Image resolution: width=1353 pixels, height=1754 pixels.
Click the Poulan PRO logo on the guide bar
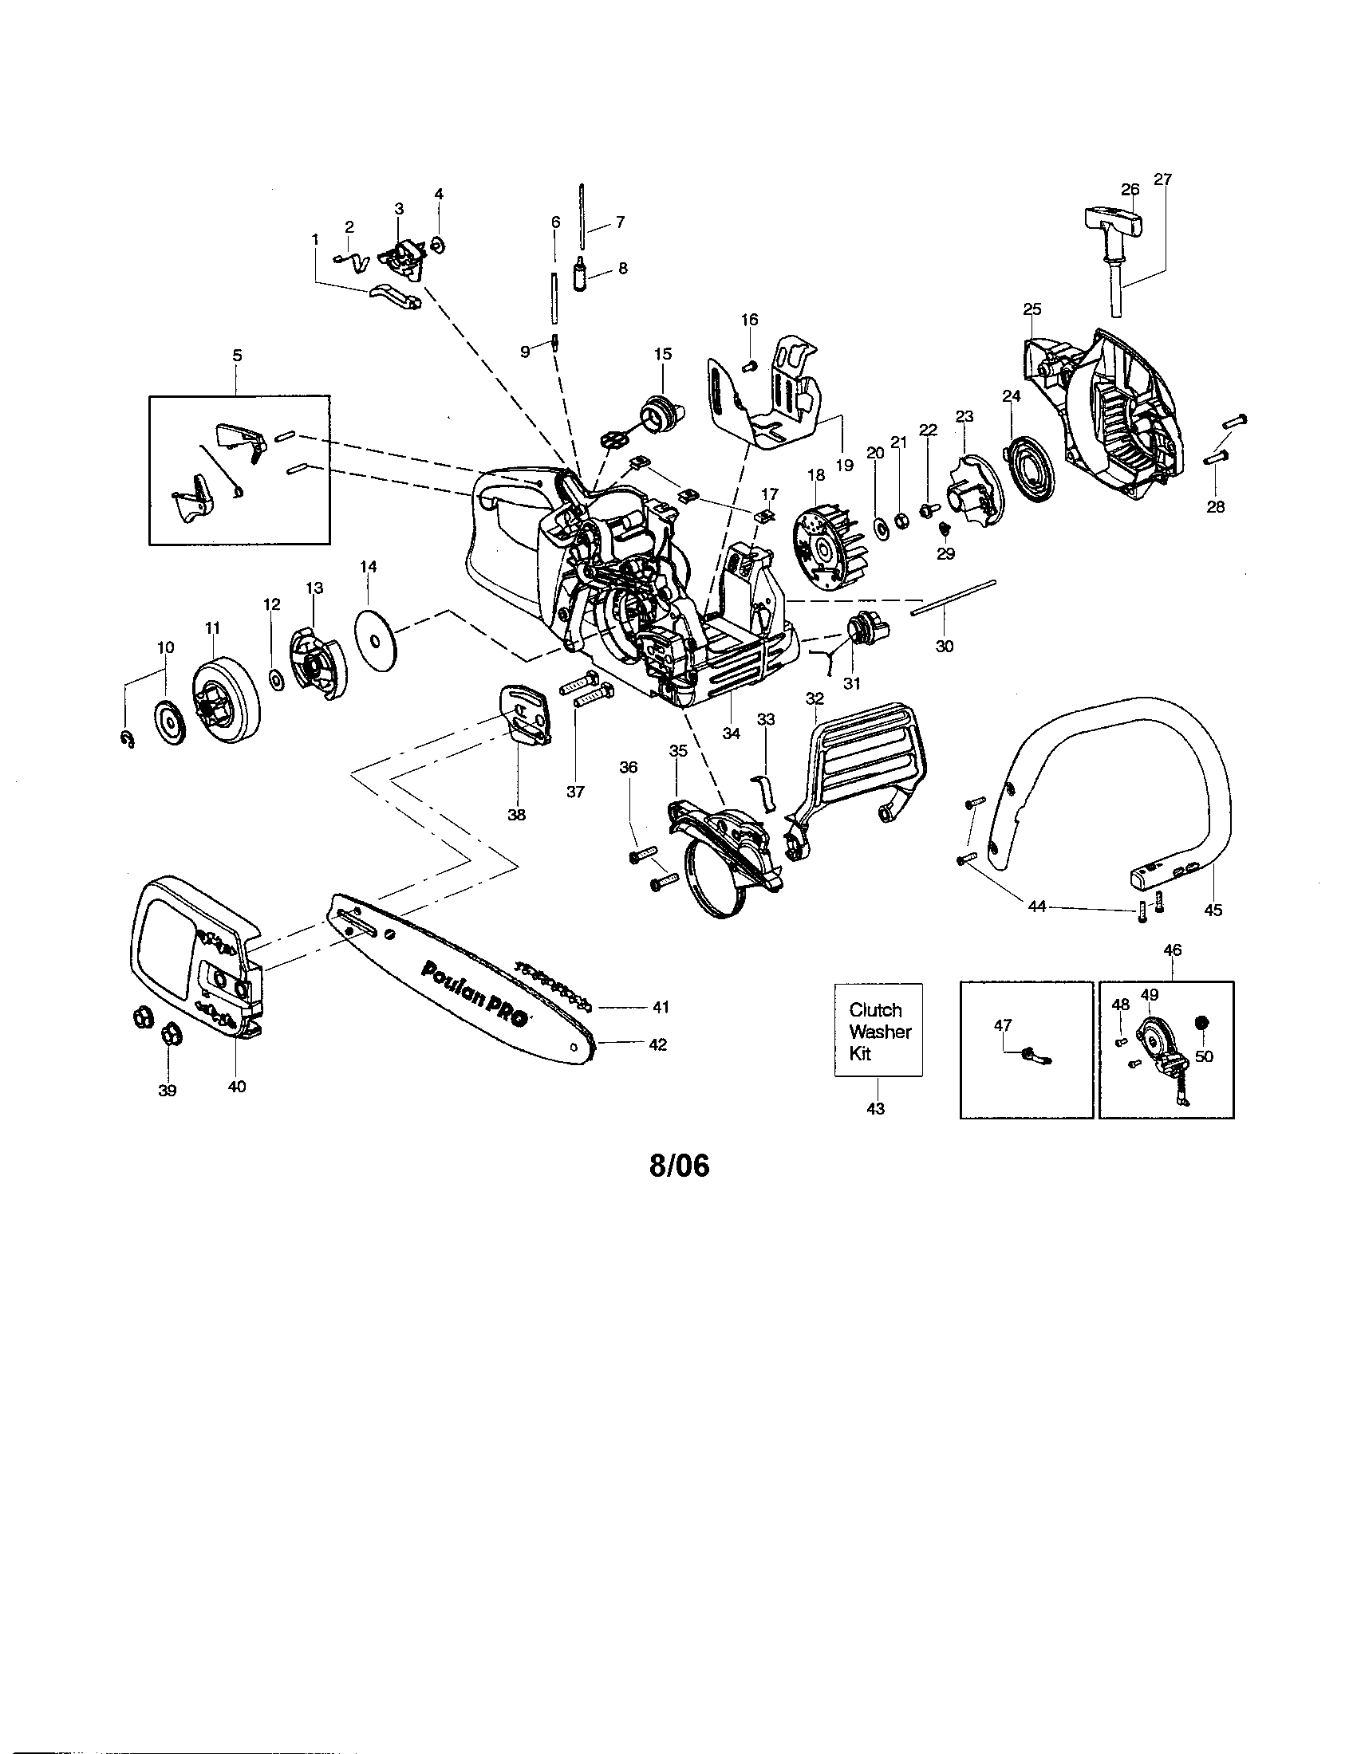(x=474, y=993)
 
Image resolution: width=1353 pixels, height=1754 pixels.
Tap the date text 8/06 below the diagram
(x=679, y=1166)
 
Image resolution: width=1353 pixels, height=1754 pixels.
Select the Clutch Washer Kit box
(x=878, y=1029)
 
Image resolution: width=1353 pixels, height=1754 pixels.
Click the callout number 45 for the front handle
(x=1213, y=910)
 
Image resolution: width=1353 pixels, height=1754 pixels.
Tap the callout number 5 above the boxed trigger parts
(x=237, y=355)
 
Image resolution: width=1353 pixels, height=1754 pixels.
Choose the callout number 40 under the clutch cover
(x=237, y=1087)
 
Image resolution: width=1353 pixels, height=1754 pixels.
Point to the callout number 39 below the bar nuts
(x=167, y=1091)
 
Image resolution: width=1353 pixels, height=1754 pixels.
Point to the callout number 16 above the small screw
(x=749, y=320)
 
